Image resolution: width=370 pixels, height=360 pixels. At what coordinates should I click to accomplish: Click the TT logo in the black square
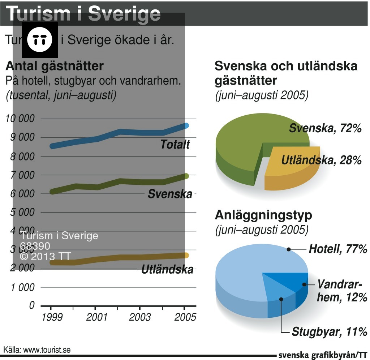pos(40,39)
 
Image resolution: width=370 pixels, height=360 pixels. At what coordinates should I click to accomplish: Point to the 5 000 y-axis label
pos(22,212)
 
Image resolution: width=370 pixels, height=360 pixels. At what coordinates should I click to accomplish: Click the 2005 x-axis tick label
pos(184,317)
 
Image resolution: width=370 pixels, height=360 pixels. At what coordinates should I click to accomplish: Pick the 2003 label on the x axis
pos(140,317)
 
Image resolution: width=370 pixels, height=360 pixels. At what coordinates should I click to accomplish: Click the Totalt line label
pos(175,145)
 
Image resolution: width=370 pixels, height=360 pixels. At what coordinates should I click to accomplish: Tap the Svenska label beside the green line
pos(170,194)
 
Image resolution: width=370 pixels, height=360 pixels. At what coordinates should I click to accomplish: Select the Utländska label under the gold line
pos(167,269)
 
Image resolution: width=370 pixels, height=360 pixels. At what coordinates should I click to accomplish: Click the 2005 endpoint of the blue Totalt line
pos(186,126)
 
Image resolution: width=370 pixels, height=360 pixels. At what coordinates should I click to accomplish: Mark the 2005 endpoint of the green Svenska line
pos(186,176)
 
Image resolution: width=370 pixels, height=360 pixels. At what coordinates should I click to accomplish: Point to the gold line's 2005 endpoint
pos(186,255)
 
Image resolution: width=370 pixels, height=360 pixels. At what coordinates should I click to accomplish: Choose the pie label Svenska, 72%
pos(325,128)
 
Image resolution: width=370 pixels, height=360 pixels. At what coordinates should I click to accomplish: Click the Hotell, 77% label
pos(338,249)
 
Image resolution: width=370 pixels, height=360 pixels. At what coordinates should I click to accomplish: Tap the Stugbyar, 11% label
pos(330,331)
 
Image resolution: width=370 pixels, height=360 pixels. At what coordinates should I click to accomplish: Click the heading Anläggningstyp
pos(263,215)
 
